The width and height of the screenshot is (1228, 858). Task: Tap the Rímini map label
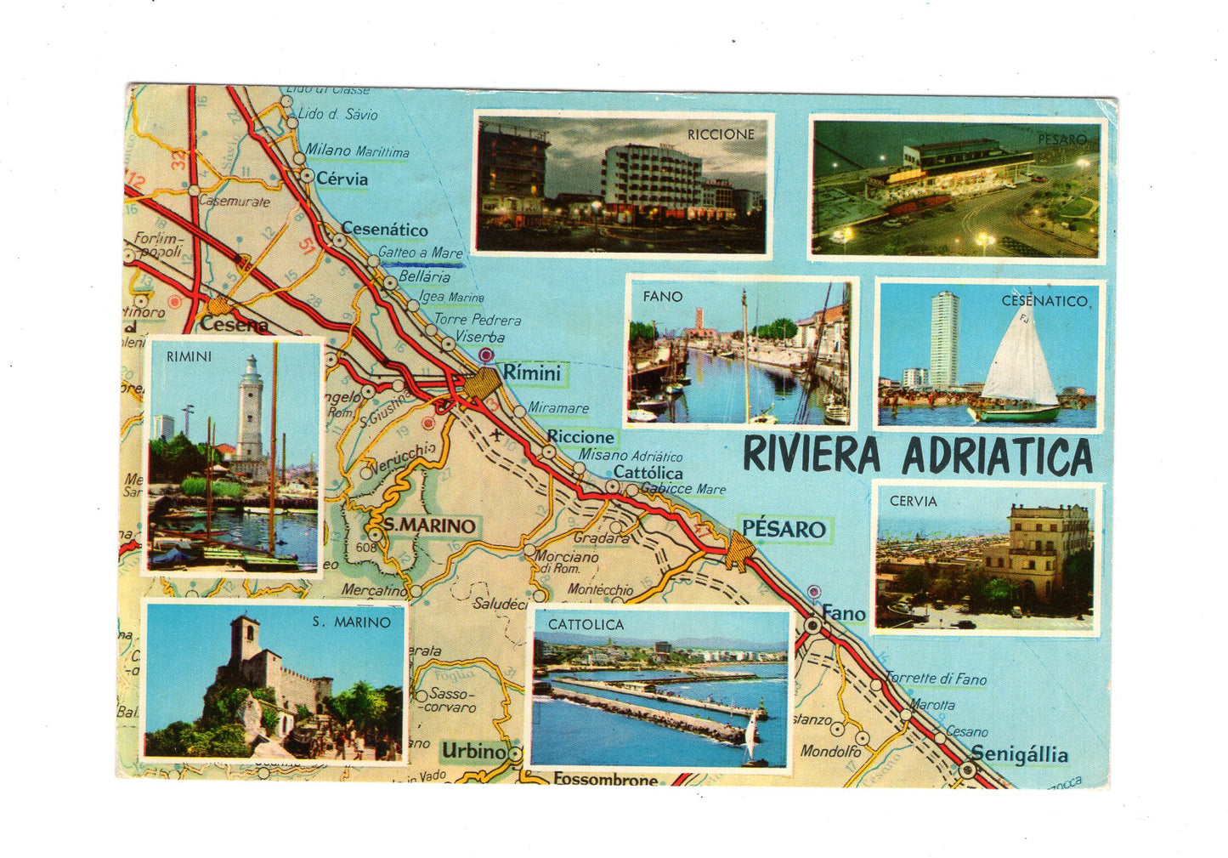tap(531, 372)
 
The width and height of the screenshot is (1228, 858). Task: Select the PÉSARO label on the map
tap(784, 529)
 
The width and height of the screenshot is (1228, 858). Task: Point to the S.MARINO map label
tap(429, 526)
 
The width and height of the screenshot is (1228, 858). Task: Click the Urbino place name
tap(473, 751)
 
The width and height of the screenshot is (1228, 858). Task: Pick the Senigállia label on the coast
tap(1019, 753)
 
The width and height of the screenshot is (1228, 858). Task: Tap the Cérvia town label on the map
tap(342, 179)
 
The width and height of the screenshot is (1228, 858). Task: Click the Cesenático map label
tap(385, 229)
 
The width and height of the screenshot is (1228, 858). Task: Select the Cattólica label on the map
tap(648, 473)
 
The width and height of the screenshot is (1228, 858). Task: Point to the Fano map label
tap(844, 613)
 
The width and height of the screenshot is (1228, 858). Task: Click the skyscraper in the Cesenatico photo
tap(944, 339)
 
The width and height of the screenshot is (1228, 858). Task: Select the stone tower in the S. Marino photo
tap(245, 643)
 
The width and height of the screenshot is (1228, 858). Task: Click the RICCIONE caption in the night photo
tap(721, 134)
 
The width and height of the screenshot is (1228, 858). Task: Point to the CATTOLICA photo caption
tap(586, 624)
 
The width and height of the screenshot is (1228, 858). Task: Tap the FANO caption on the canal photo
tap(662, 296)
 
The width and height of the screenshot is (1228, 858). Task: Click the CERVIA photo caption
tap(913, 501)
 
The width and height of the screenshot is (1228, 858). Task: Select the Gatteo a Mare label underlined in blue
tap(421, 253)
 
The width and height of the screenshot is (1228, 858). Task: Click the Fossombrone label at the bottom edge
tap(605, 778)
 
